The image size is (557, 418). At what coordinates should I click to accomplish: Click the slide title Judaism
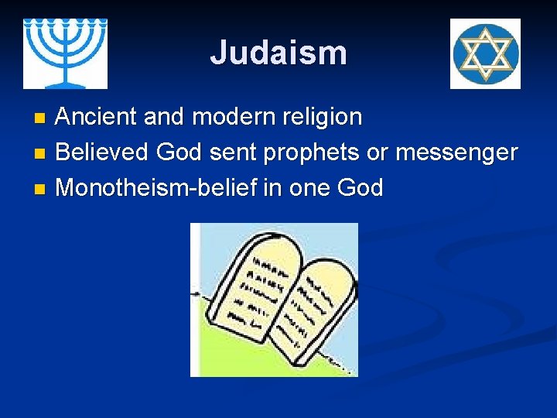tap(278, 53)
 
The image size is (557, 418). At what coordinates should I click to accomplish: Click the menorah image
tap(65, 53)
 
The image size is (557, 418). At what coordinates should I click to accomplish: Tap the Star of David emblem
tap(485, 54)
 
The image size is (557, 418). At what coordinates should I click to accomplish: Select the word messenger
tap(456, 153)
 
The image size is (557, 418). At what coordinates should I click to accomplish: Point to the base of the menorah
tap(65, 81)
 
